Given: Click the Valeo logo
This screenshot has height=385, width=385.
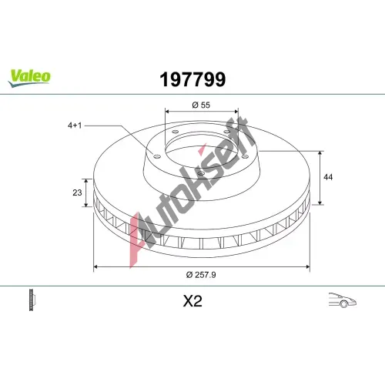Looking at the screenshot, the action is (29, 78).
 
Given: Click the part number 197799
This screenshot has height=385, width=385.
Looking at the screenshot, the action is (192, 79).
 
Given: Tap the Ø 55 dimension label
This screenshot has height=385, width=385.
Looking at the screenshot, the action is (201, 105).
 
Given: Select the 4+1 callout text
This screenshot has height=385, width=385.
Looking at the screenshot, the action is (75, 126).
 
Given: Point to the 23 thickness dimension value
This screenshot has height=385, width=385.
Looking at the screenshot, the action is (77, 192).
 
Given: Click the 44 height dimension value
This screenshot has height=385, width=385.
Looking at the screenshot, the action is (328, 177).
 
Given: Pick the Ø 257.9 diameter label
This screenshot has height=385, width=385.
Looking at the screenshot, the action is (201, 275).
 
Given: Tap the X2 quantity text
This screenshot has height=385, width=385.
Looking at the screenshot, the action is (192, 301).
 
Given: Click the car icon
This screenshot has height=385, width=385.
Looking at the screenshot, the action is (343, 300).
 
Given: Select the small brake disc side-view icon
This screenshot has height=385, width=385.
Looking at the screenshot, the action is (32, 300).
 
